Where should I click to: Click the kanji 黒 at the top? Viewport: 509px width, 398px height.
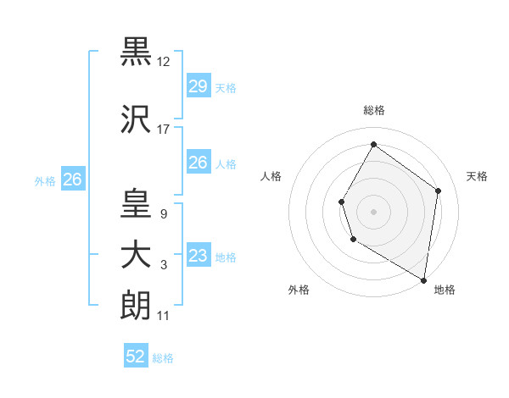point(136,50)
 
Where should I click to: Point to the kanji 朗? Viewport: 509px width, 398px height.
point(136,305)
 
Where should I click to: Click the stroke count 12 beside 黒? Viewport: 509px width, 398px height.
point(165,61)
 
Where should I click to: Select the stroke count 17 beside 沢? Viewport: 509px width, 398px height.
point(164,130)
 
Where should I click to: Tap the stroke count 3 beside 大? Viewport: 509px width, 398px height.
point(163,266)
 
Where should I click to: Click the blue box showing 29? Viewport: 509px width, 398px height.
point(198,86)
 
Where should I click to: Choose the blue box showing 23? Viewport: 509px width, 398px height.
point(198,257)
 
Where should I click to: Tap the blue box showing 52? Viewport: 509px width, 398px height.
point(136,357)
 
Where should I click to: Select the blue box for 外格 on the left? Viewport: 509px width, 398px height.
point(73,180)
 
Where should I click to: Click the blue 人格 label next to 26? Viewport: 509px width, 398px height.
point(226,164)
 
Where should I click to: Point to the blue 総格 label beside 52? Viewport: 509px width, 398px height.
point(163,358)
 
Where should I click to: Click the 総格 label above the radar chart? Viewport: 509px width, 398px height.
point(373,110)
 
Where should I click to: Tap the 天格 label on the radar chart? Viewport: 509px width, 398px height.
point(478,176)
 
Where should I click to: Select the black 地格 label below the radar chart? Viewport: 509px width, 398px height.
point(445,290)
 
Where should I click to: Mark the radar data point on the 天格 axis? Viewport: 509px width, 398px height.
point(438,191)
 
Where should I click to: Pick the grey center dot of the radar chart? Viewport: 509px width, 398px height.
point(373,211)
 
